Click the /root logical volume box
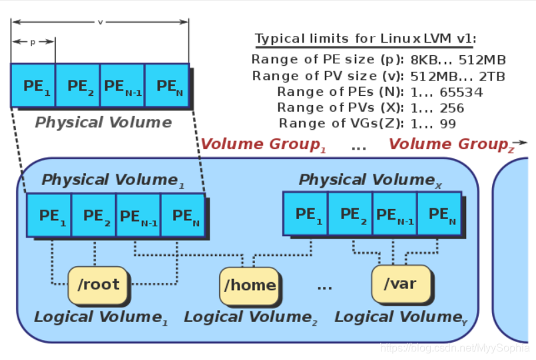coord(98,284)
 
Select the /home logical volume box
coord(249,285)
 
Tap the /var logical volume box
coord(400,283)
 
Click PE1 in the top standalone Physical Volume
coord(33,86)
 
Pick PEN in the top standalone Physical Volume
coord(166,86)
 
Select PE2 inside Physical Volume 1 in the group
coord(93,216)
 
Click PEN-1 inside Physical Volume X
coord(395,214)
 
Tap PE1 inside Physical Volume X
coord(306,214)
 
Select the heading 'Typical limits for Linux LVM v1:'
coord(366,39)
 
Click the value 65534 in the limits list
coord(457,92)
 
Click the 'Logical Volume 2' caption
coord(251,317)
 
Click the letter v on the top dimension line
coord(100,22)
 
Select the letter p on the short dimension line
coord(33,42)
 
